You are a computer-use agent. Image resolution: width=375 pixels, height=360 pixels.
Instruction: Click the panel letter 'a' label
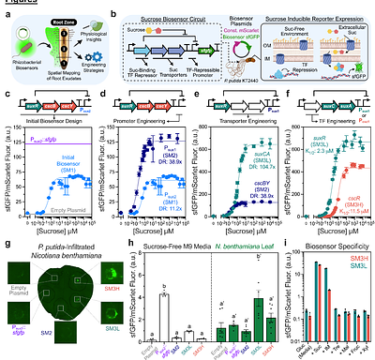point(6,6)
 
